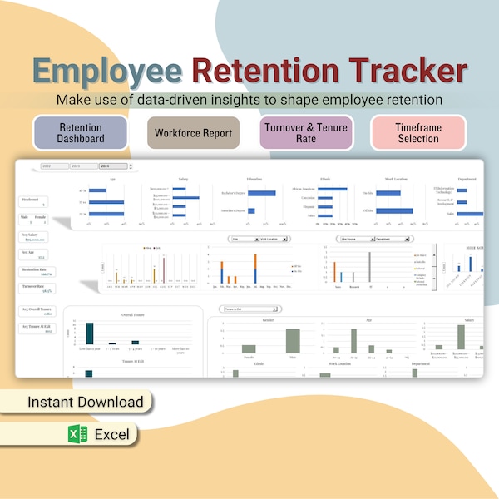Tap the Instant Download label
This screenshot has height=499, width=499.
(x=86, y=402)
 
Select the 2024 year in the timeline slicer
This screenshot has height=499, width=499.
(x=111, y=166)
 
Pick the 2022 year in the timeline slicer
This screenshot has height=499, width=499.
(x=54, y=166)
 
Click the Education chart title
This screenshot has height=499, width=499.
(x=253, y=179)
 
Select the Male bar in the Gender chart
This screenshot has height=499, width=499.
(x=293, y=341)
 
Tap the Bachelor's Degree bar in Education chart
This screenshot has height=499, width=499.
(x=261, y=194)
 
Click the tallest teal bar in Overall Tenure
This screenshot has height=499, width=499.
(x=89, y=333)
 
